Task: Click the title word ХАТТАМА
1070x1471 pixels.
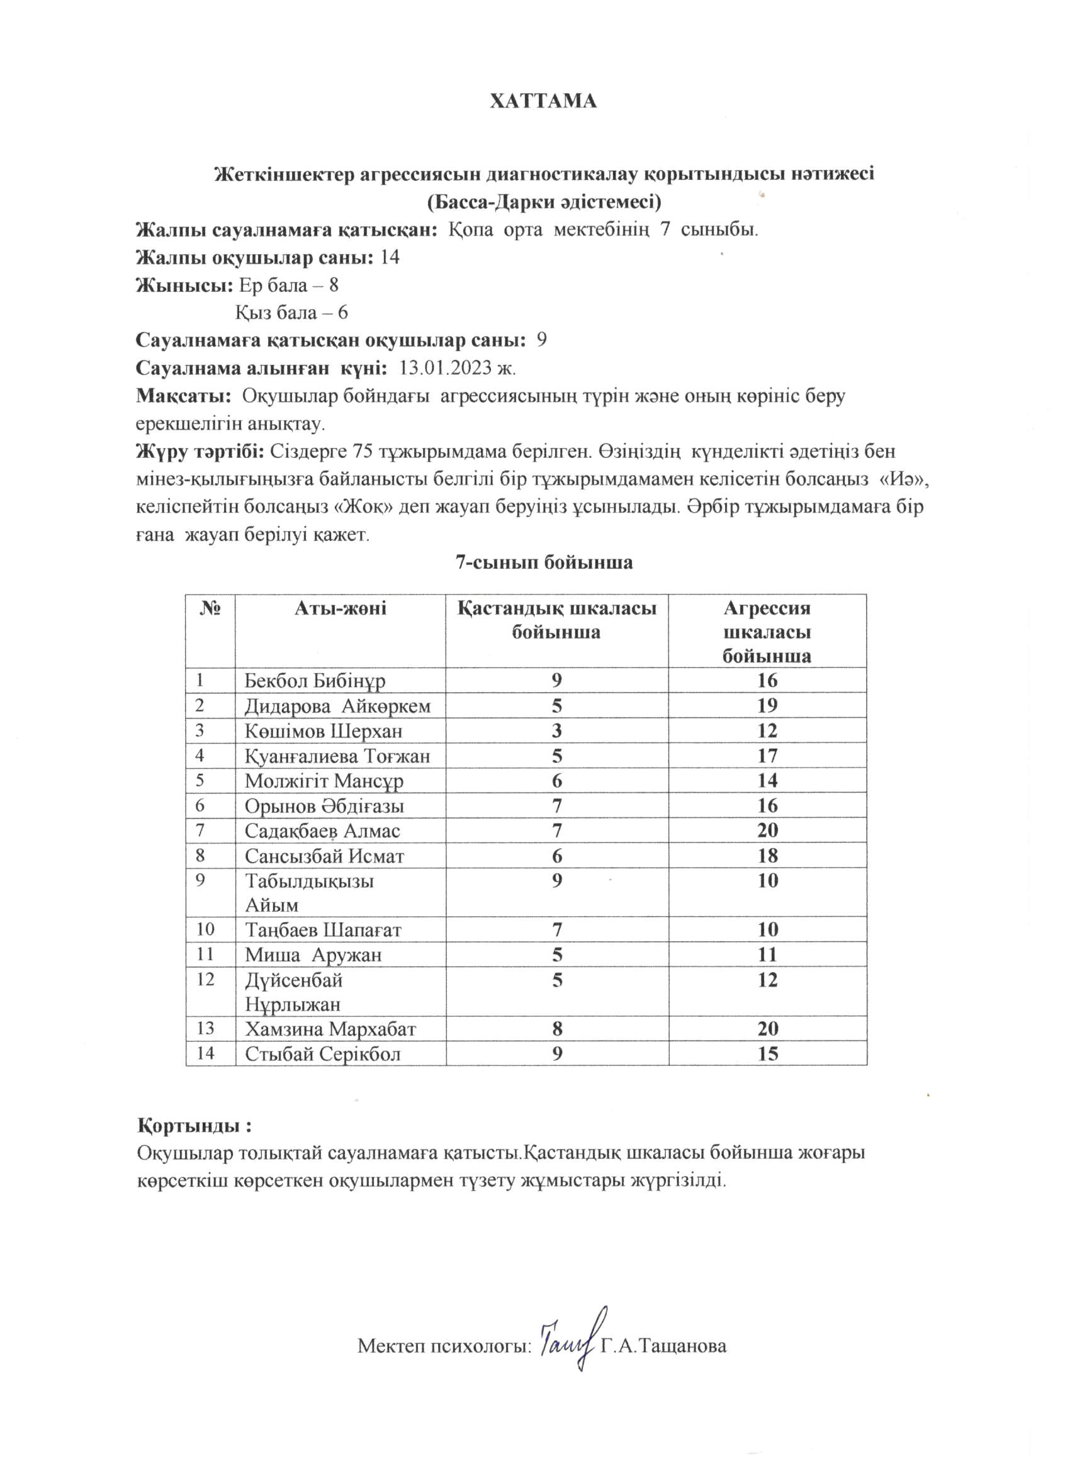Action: tap(543, 102)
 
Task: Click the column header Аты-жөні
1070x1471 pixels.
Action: tap(340, 608)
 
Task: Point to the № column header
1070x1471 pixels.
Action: tap(210, 608)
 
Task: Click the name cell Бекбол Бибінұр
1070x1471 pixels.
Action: tap(315, 681)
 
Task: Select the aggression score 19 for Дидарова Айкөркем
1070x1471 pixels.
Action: tap(767, 706)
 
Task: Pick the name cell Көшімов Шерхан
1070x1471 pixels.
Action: tap(323, 731)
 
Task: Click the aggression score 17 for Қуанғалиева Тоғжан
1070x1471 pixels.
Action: tap(767, 756)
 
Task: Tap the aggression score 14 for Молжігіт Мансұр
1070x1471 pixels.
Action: tap(767, 780)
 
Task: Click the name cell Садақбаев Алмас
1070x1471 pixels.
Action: tap(322, 831)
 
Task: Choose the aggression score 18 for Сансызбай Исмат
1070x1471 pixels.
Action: tap(767, 856)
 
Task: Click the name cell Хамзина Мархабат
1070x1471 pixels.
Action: tap(330, 1029)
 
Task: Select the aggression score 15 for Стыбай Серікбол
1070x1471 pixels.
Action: tap(767, 1054)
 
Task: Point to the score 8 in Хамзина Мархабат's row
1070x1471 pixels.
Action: tap(557, 1029)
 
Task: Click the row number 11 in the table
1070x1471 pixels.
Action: tap(205, 954)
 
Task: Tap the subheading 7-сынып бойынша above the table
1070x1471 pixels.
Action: tap(544, 562)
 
